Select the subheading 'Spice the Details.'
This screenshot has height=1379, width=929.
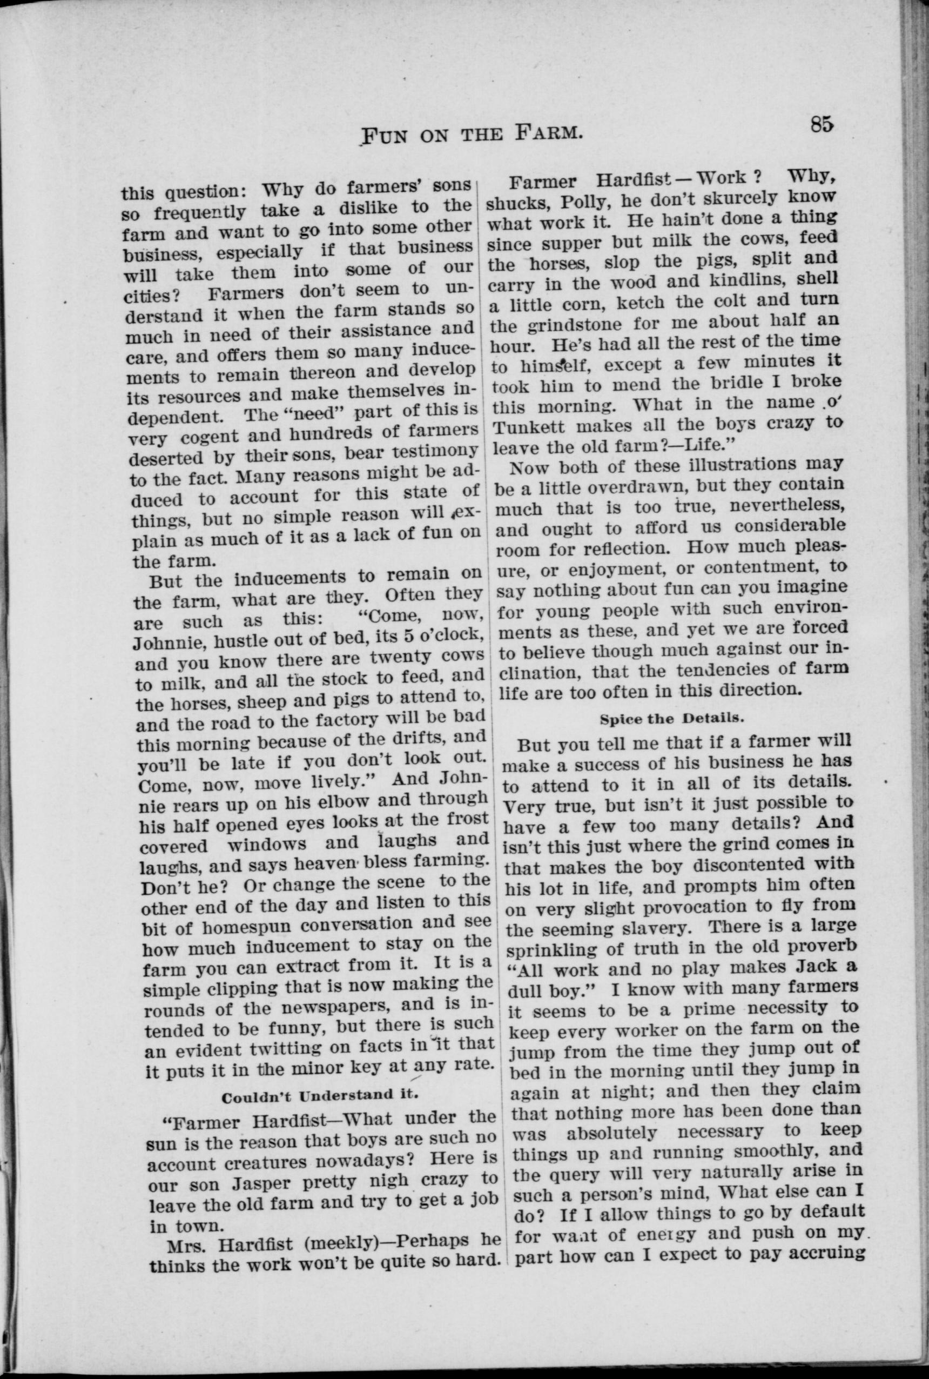(671, 719)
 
